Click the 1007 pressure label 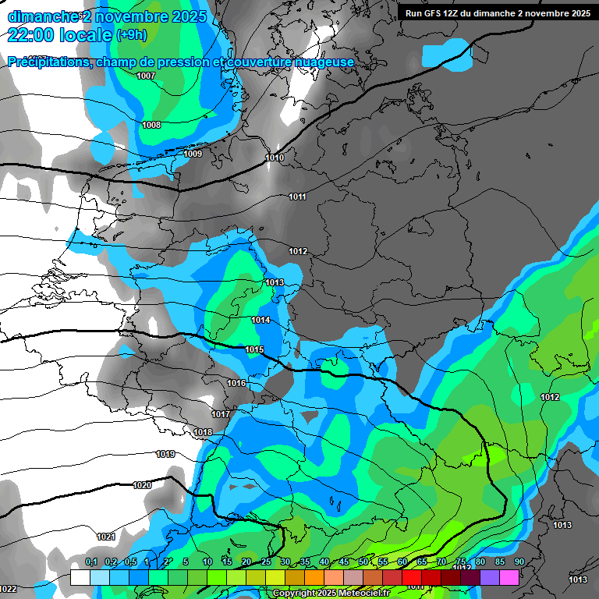[145, 76]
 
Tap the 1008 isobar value [151, 125]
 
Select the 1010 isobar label [275, 158]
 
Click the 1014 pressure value [261, 321]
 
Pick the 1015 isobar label [254, 350]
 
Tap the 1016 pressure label [236, 383]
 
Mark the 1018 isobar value [203, 432]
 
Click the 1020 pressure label [142, 485]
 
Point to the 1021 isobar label [106, 537]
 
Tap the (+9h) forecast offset [130, 35]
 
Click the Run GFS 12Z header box [497, 13]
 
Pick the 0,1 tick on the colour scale [91, 562]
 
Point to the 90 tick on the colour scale [519, 562]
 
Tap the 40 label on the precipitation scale [324, 562]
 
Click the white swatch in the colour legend [80, 577]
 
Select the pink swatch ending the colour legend [509, 577]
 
